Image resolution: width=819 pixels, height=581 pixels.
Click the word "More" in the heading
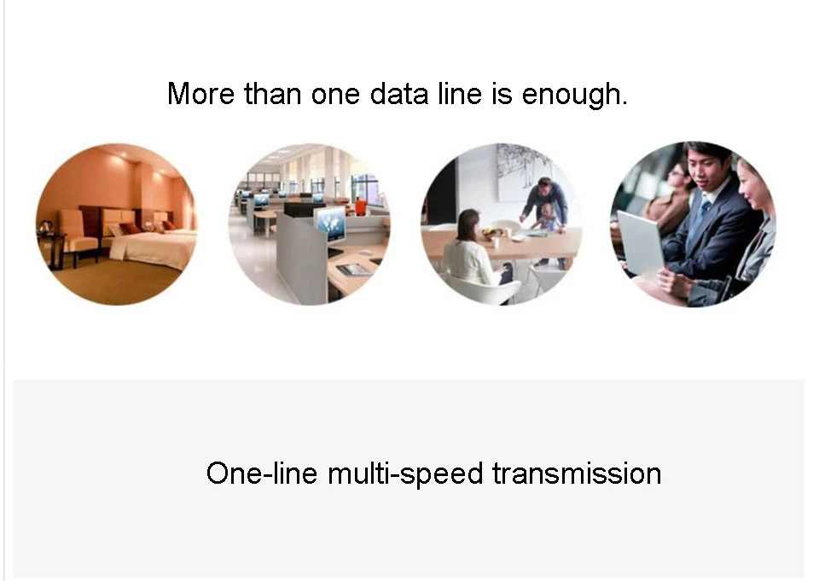click(201, 94)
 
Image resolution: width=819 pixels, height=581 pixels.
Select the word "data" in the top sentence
click(399, 94)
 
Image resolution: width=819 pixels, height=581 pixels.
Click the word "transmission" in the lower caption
click(578, 474)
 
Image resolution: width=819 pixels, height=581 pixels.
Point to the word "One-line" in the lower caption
click(262, 474)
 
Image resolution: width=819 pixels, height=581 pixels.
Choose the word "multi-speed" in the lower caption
click(404, 474)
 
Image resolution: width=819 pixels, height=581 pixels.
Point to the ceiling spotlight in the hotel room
click(123, 154)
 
